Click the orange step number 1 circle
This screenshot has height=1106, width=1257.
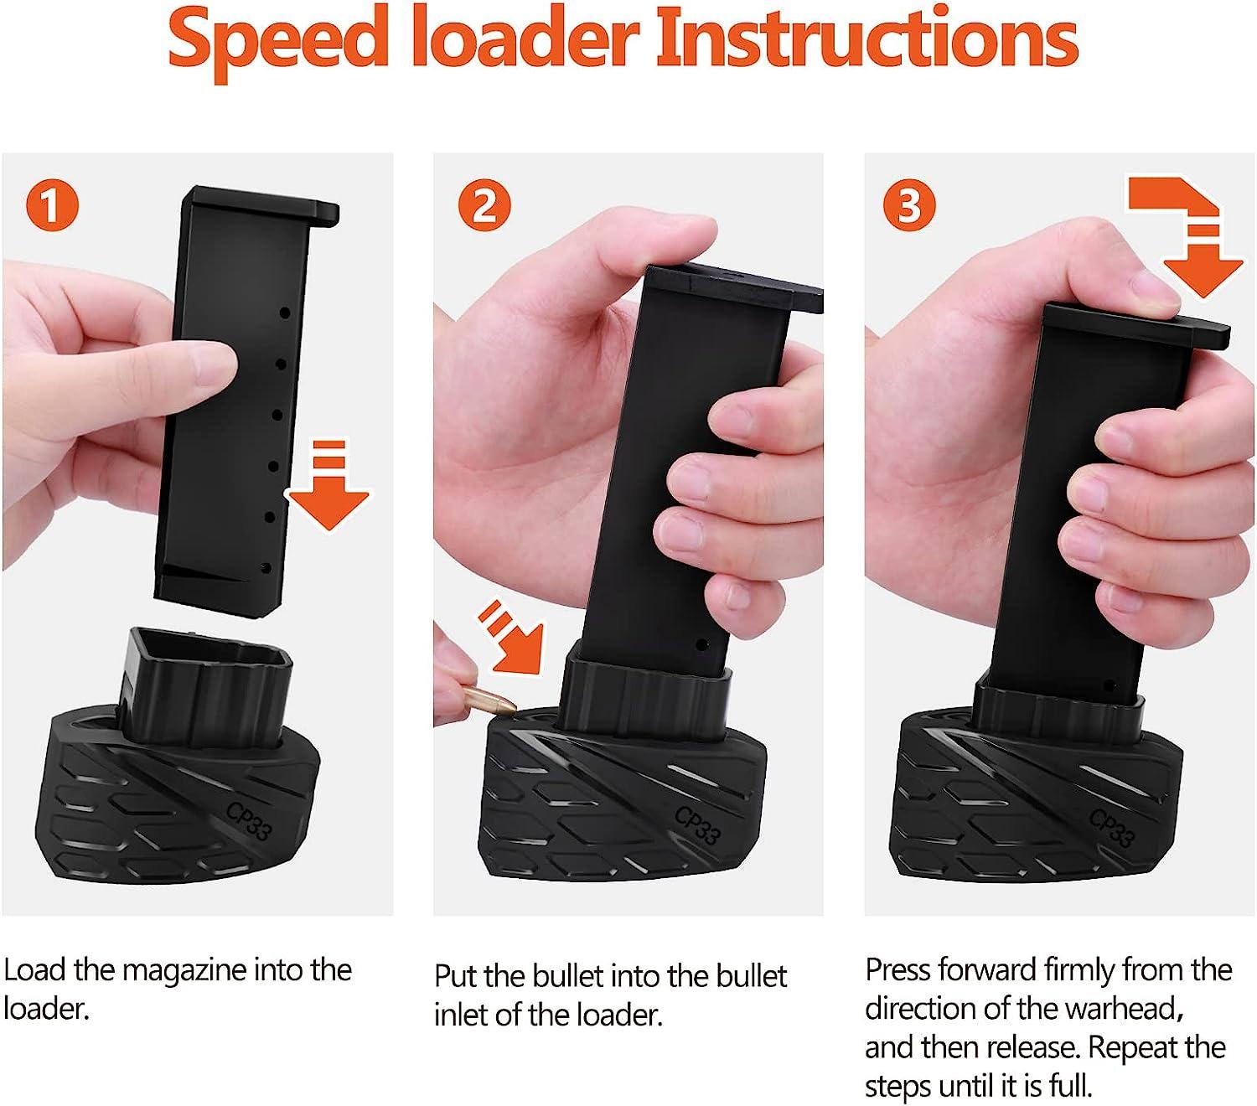point(52,206)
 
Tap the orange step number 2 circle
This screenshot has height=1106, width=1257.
point(484,206)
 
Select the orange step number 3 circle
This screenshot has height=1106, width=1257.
point(909,206)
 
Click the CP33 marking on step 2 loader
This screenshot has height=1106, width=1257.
point(697,824)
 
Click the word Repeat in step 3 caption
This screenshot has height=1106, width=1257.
point(1139,1047)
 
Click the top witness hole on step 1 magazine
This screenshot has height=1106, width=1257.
point(285,313)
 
